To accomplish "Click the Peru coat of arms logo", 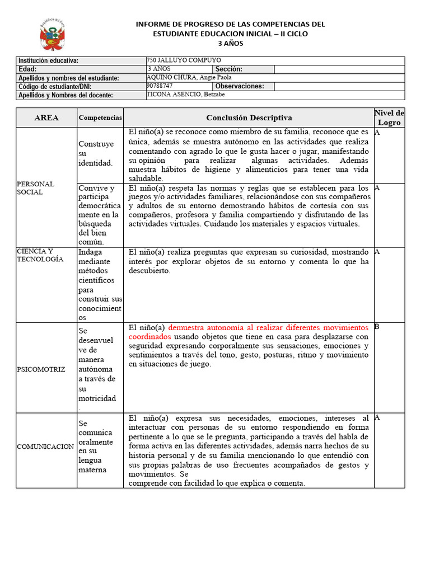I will tap(52, 35).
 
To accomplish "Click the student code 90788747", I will tap(160, 86).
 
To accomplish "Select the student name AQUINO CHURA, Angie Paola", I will tap(189, 77).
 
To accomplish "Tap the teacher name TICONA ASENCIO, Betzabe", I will tap(185, 95).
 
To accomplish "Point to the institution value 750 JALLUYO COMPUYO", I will tap(184, 60).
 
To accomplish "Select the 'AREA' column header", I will tap(46, 118).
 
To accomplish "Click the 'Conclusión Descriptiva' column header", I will tap(249, 118).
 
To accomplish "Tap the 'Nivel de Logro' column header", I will tap(389, 118).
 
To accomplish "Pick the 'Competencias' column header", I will tap(100, 118).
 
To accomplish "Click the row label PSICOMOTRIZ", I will tap(41, 369).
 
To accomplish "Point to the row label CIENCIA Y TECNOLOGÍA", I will tap(40, 255).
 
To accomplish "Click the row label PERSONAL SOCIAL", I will tap(35, 188).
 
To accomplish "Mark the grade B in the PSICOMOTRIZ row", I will tap(376, 326).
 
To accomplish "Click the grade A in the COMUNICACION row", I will tap(377, 417).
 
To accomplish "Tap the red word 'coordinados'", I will tap(150, 337).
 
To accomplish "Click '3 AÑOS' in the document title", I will tap(231, 44).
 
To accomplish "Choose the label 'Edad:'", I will tap(27, 69).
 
